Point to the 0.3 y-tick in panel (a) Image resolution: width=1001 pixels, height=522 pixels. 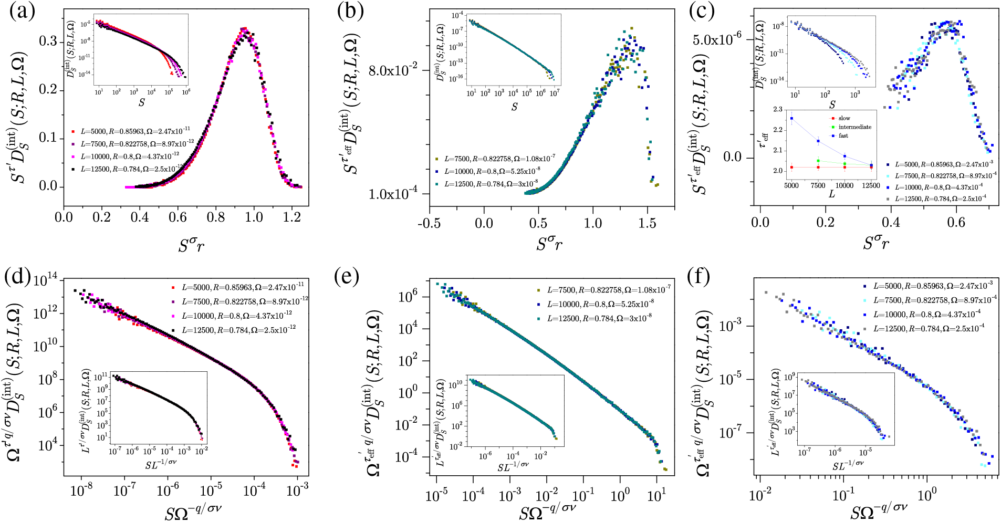point(48,41)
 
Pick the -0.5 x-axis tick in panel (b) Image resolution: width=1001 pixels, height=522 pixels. point(429,223)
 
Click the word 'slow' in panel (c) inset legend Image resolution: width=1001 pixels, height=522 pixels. point(844,118)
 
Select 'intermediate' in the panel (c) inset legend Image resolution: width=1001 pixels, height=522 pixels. point(854,127)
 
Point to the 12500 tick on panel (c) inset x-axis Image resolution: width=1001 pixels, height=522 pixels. point(871,185)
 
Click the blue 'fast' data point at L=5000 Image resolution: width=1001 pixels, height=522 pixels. point(791,119)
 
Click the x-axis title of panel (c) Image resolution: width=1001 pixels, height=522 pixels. point(876,243)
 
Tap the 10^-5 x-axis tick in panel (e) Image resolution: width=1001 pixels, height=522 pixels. point(436,495)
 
